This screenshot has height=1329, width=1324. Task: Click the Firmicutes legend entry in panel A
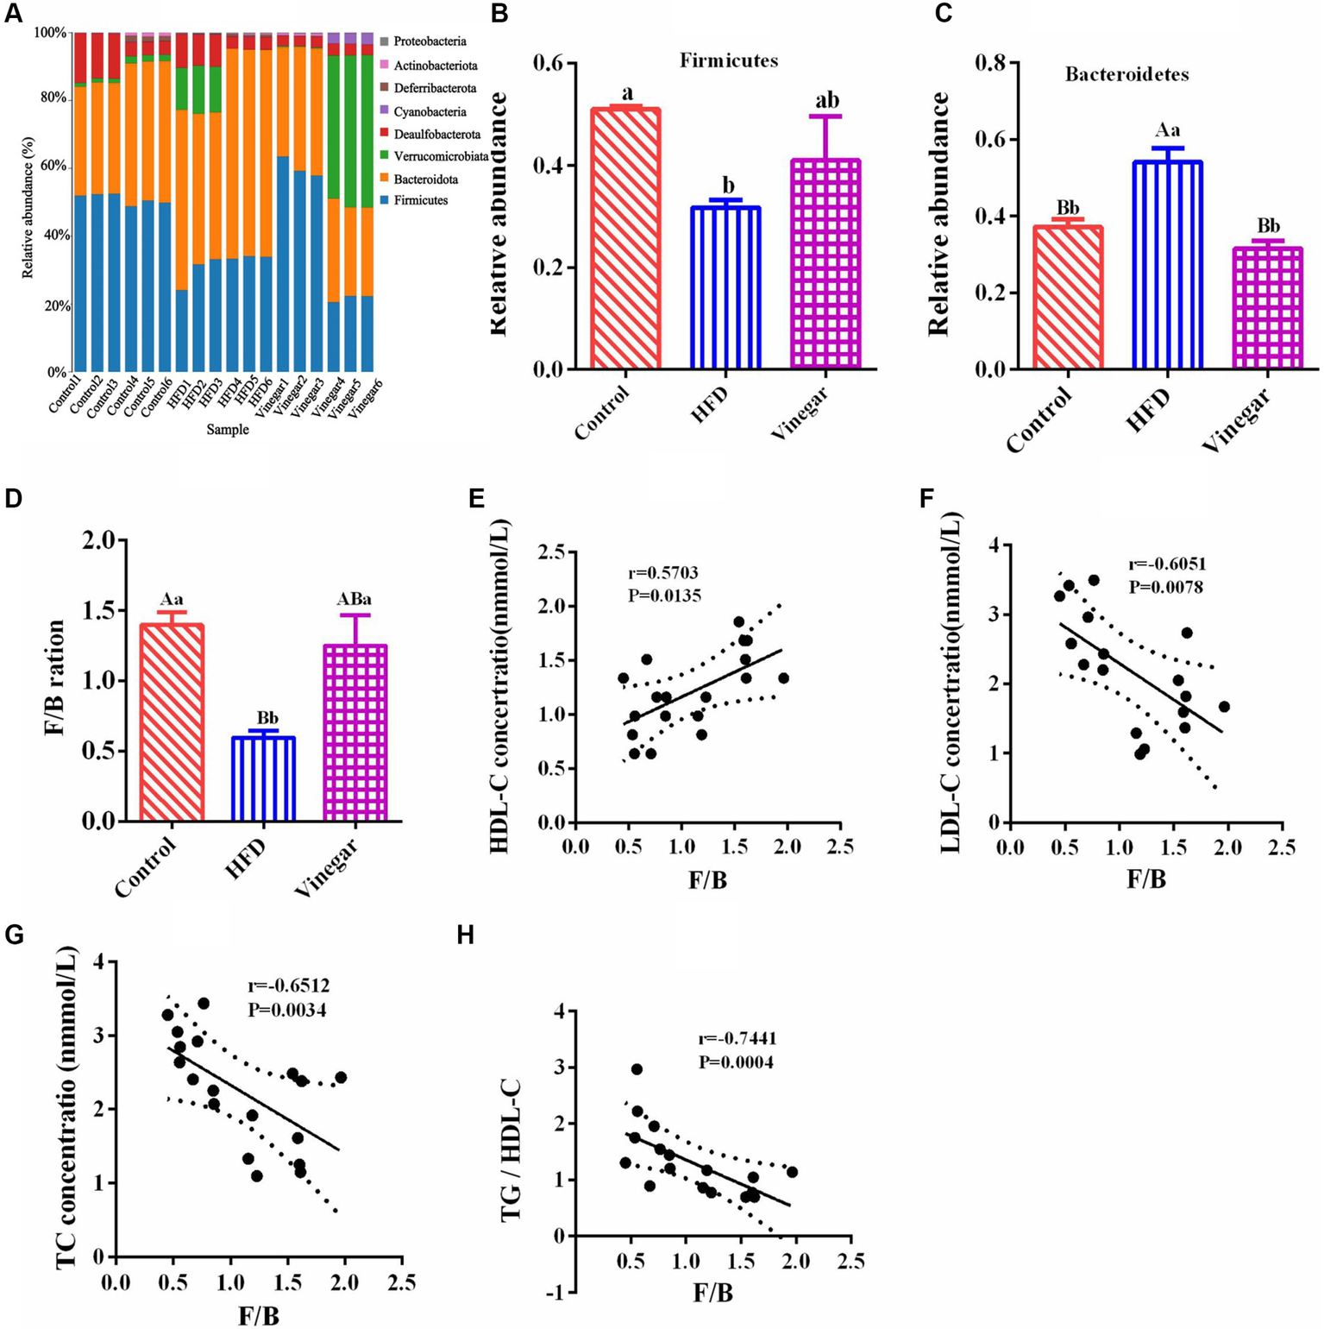(x=420, y=200)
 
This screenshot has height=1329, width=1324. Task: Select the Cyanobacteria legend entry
(x=430, y=111)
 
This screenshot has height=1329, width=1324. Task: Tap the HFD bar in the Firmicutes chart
(x=725, y=287)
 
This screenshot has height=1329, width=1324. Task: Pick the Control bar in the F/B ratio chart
(x=173, y=721)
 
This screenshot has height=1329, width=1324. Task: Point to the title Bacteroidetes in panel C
(x=1126, y=74)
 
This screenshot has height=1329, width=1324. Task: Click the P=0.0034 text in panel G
(x=287, y=1010)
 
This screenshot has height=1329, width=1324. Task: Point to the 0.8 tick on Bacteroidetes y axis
(x=993, y=63)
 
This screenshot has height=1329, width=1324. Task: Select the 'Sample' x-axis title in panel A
(x=228, y=429)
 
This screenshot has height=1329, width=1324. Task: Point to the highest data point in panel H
(x=637, y=1069)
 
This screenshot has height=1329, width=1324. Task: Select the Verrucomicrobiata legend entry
(x=441, y=156)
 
